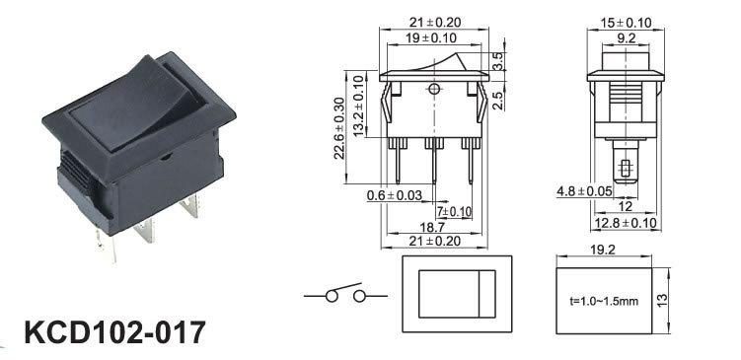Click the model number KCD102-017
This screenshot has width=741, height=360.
(x=114, y=332)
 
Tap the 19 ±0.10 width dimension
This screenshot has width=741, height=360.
(x=434, y=38)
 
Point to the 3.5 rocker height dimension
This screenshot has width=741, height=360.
(x=497, y=61)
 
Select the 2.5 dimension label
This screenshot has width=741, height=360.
(x=497, y=101)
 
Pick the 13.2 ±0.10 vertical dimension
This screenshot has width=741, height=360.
(x=359, y=107)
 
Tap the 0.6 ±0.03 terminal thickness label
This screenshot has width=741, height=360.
(x=394, y=194)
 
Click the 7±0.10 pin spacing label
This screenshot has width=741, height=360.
(x=454, y=212)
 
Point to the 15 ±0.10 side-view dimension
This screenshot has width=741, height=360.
(x=626, y=23)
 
